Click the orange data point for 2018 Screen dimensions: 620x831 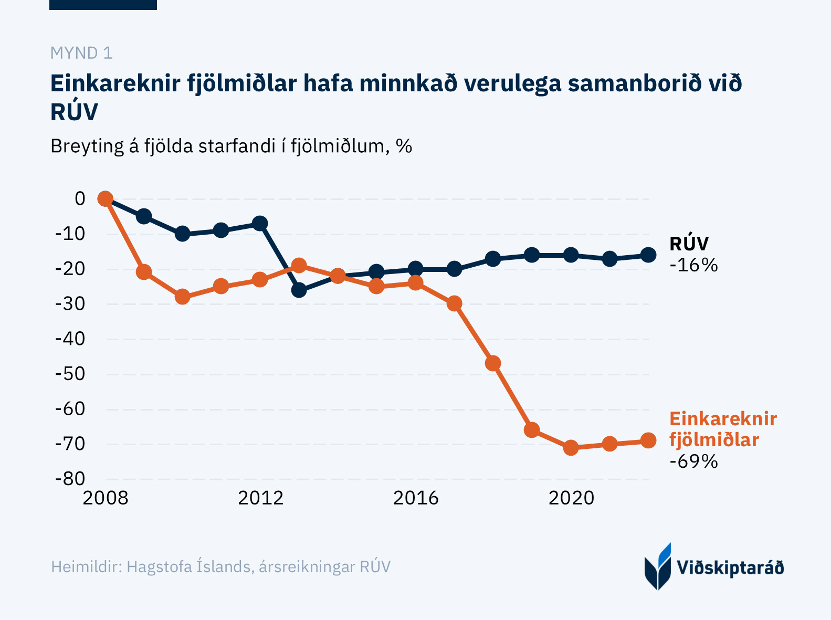tap(493, 363)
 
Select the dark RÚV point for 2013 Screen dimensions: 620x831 tap(299, 290)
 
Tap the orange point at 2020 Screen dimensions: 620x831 tap(571, 448)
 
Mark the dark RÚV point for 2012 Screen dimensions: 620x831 tap(260, 223)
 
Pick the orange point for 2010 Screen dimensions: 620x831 tap(182, 297)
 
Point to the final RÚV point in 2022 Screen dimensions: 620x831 tap(648, 255)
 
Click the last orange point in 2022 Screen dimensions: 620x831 tap(648, 440)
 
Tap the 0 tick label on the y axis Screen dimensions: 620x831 tap(80, 198)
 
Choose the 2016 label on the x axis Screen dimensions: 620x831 tap(416, 498)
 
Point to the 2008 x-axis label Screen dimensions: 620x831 tap(106, 498)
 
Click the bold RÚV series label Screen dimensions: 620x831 tap(689, 244)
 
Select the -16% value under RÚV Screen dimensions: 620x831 tap(693, 265)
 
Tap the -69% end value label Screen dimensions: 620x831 tap(693, 461)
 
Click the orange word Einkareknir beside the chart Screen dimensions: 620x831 tap(723, 419)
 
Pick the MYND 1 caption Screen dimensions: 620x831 tap(81, 53)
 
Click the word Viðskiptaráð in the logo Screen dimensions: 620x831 tap(730, 568)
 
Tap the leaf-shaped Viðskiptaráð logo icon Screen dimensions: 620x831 tap(658, 567)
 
